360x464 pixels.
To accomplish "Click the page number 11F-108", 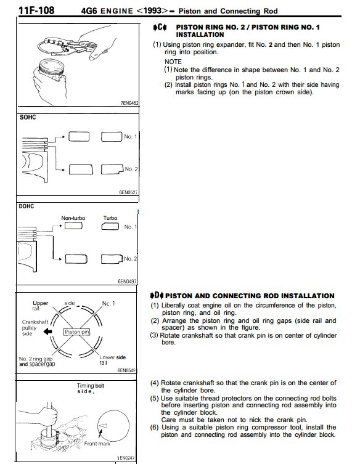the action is pyautogui.click(x=36, y=10).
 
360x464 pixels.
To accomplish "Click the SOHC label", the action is pyautogui.click(x=28, y=118).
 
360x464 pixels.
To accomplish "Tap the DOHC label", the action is pyautogui.click(x=27, y=206).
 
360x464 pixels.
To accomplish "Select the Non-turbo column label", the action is pyautogui.click(x=73, y=218).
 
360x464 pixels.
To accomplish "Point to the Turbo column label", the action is pyautogui.click(x=110, y=218).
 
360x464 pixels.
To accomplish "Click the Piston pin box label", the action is pyautogui.click(x=76, y=332).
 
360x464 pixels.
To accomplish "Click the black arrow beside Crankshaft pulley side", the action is pyautogui.click(x=47, y=332).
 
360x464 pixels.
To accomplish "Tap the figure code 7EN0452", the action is pyautogui.click(x=129, y=103).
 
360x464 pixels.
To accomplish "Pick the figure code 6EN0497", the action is pyautogui.click(x=128, y=281).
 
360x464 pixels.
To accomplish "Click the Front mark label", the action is pyautogui.click(x=97, y=444).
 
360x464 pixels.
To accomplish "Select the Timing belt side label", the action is pyautogui.click(x=90, y=388).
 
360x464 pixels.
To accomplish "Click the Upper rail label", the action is pyautogui.click(x=40, y=306).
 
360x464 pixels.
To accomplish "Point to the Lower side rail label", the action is pyautogui.click(x=112, y=360).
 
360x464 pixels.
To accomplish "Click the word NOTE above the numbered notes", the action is pyautogui.click(x=173, y=62).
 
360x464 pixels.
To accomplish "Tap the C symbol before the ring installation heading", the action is pyautogui.click(x=160, y=28).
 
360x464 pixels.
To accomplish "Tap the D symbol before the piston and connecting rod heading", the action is pyautogui.click(x=157, y=295).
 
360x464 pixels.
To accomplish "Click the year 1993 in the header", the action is pyautogui.click(x=152, y=11).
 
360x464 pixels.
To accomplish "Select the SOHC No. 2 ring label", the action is pyautogui.click(x=131, y=169).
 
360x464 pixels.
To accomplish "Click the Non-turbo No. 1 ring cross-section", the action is pyautogui.click(x=73, y=226).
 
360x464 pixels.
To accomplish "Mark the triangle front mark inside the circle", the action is pyautogui.click(x=103, y=426).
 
